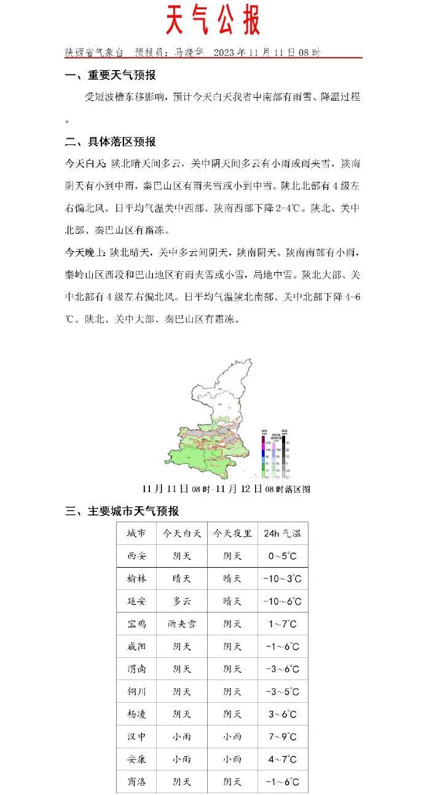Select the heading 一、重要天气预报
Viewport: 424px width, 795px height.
(111, 76)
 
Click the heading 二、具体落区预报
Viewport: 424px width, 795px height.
(111, 142)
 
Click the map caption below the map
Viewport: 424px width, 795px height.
(226, 489)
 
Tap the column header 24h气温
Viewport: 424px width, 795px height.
(282, 533)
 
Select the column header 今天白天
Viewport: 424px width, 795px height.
(181, 533)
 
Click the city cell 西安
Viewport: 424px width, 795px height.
(136, 556)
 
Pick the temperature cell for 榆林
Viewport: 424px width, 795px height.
(282, 579)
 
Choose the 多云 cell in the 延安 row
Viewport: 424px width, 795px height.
(181, 601)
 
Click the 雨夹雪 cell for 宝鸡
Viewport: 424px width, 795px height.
(181, 624)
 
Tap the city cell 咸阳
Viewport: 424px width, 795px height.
(136, 646)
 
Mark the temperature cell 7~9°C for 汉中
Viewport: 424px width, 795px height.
(282, 737)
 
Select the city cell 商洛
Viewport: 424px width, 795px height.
(136, 782)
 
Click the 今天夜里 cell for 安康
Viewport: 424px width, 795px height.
(232, 759)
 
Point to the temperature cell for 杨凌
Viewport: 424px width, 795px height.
(282, 715)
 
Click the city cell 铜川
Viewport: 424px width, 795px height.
(136, 692)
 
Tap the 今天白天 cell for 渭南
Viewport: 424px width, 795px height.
(181, 669)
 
